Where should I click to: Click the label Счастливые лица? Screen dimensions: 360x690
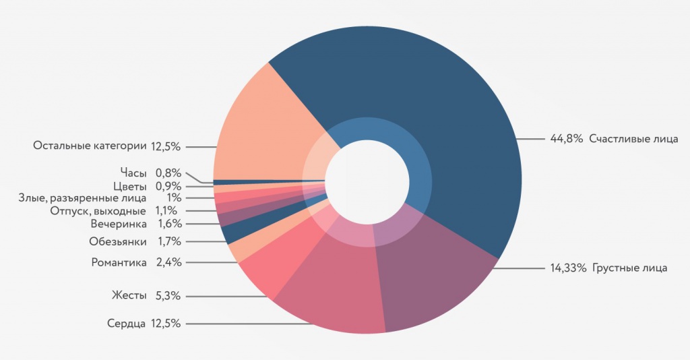633,139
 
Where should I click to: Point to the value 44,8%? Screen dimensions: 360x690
566,139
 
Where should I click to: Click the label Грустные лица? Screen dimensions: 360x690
630,268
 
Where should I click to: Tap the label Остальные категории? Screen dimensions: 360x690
90,146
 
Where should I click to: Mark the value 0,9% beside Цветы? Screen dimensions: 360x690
168,186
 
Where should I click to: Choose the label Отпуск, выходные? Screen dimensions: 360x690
98,211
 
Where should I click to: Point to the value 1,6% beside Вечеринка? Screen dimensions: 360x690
169,224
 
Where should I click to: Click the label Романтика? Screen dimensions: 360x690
119,262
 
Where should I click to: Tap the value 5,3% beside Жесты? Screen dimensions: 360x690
168,295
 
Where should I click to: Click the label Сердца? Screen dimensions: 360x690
126,324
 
